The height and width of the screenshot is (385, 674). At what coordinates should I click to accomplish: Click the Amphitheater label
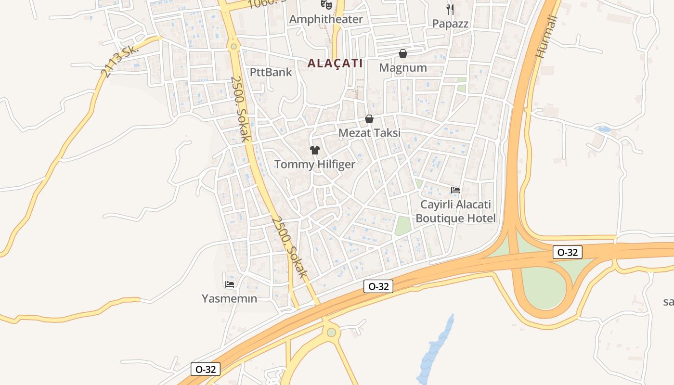[x=325, y=19]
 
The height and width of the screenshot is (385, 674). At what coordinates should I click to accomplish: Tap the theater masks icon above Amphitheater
[x=326, y=4]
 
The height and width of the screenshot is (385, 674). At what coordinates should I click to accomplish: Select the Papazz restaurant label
[x=450, y=24]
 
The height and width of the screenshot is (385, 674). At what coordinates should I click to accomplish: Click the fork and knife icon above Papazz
[x=450, y=9]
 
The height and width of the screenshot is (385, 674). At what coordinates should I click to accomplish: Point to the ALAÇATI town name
[x=335, y=63]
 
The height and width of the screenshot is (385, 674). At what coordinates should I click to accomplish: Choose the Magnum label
[x=403, y=68]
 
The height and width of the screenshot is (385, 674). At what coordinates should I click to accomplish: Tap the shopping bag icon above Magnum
[x=403, y=53]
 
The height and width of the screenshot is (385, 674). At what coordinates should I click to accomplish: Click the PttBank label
[x=271, y=72]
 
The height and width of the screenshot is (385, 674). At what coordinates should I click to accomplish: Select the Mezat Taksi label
[x=369, y=133]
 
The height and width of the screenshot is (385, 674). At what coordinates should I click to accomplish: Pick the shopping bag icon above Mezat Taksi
[x=369, y=119]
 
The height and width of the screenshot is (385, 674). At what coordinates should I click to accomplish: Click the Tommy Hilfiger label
[x=315, y=164]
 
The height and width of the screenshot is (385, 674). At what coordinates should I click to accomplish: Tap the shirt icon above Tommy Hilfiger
[x=315, y=150]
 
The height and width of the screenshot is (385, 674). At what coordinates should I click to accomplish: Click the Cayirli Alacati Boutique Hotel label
[x=455, y=211]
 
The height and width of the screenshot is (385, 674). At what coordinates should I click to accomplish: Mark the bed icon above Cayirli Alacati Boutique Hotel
[x=455, y=190]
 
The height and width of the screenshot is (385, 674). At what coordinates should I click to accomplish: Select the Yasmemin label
[x=230, y=298]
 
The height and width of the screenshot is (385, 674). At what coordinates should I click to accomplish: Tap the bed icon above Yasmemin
[x=230, y=284]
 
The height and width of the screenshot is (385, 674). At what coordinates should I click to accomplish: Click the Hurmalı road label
[x=547, y=36]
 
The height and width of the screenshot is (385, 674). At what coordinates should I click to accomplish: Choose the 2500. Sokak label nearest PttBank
[x=241, y=109]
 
